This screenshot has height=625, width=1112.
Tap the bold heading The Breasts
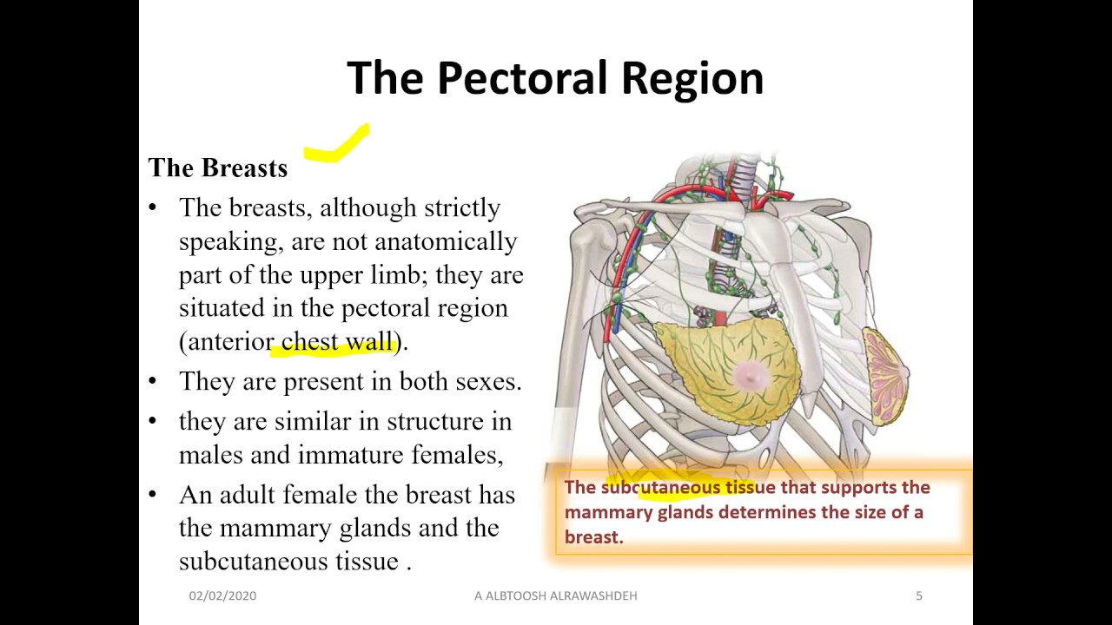point(217,168)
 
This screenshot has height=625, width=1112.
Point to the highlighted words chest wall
point(338,342)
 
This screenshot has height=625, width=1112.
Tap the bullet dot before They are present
point(154,380)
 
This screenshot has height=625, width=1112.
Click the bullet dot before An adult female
point(154,494)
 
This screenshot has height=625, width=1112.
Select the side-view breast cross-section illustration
point(885,375)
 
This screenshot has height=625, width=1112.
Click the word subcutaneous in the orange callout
point(660,487)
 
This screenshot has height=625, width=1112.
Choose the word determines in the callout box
point(771,512)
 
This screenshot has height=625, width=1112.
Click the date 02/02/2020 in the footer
point(222,595)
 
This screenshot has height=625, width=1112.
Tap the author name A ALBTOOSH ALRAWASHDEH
point(555,595)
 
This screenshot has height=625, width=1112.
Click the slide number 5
point(919,595)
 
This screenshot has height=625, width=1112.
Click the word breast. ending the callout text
point(594,536)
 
